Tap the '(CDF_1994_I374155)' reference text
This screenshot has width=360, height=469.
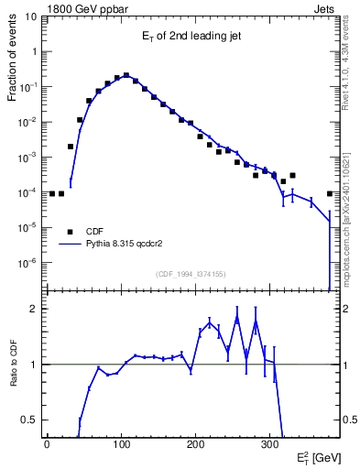pos(191,274)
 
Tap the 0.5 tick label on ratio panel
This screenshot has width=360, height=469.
pos(31,420)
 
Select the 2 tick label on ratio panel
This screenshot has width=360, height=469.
pos(36,309)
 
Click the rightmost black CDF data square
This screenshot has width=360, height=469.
pos(330,193)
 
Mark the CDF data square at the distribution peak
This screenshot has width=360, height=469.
pos(125,76)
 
